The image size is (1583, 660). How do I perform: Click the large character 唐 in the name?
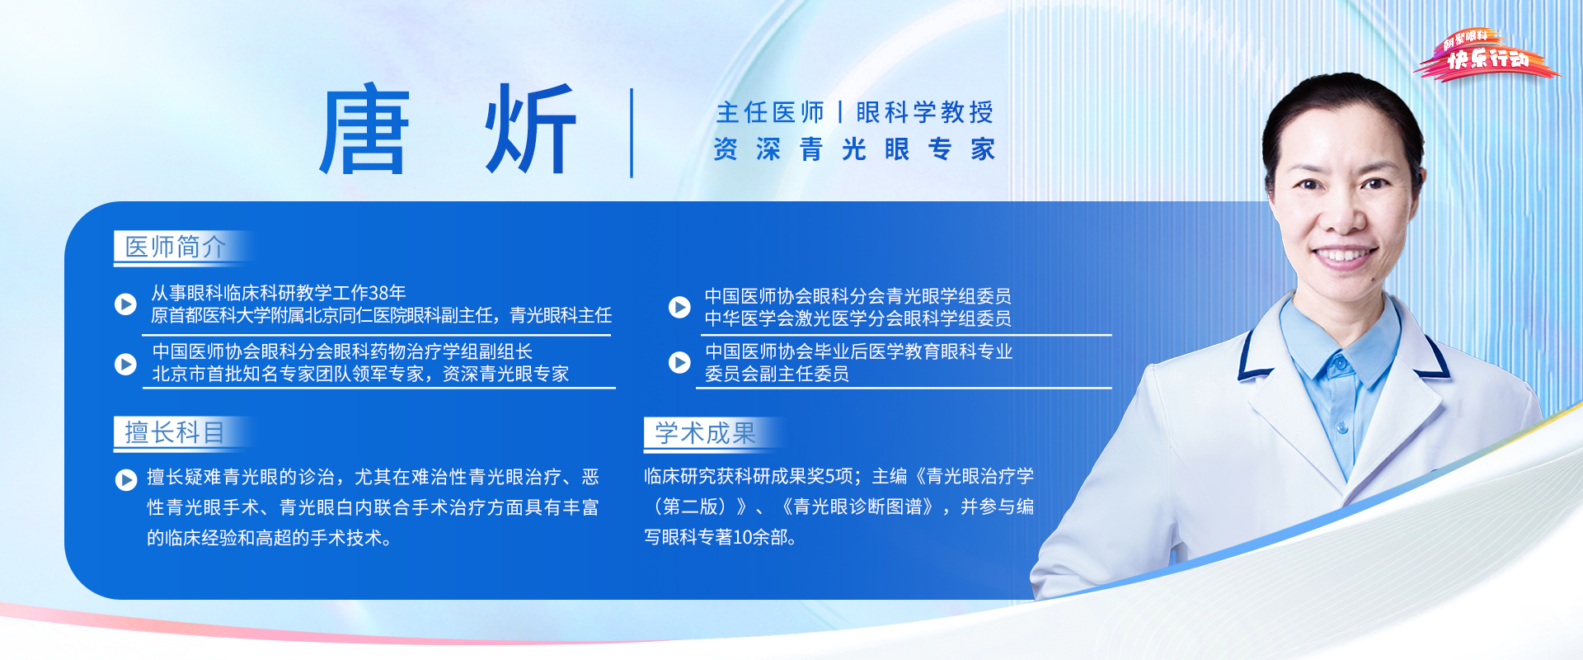point(364,130)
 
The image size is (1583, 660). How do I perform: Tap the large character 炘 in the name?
point(529,130)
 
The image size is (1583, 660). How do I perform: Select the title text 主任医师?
point(770,112)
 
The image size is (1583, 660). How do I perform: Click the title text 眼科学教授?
point(925,112)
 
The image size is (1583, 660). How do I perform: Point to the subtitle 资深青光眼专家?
point(854,149)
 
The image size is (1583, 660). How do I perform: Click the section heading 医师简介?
point(175,247)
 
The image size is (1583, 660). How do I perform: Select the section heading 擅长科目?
point(175,432)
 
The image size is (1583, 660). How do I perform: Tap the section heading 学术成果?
point(705,432)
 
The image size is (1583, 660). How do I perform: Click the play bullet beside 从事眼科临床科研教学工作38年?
point(125,304)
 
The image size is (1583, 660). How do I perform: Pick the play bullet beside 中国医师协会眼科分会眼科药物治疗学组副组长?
point(125,364)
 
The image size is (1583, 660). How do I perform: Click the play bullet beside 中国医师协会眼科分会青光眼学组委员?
point(679,307)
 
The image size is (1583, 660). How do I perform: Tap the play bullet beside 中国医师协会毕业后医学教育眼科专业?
point(679,362)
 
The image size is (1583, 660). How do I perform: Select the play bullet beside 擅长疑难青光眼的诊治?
point(126,479)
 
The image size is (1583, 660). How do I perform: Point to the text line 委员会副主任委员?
point(777,374)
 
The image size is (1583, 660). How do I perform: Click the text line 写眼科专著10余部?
point(720,537)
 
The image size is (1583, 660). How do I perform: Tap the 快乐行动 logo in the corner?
point(1487,55)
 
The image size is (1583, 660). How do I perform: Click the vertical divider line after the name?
point(632,133)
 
